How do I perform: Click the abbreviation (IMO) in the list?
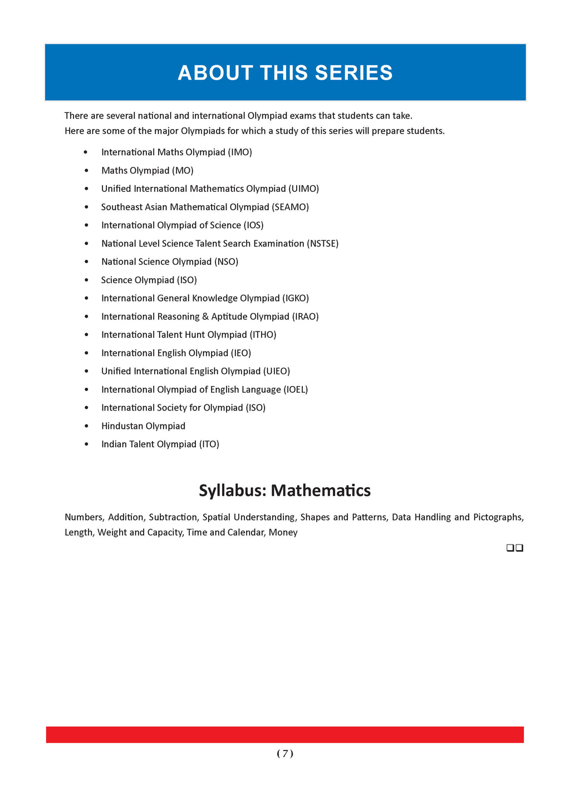pos(240,152)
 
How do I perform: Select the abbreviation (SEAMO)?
pos(290,207)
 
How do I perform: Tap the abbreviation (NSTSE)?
pos(322,243)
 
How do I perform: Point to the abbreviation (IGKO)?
pos(296,298)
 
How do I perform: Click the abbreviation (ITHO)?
pos(263,334)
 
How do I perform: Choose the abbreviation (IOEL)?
pos(296,389)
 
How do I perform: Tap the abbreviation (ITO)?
pos(209,444)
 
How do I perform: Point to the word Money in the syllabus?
pos(283,532)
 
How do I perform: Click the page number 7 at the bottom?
pos(285,753)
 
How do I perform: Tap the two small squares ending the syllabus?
pos(515,548)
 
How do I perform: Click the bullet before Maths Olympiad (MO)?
pos(86,170)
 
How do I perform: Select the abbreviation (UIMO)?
pos(304,189)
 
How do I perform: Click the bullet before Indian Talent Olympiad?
pos(86,444)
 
